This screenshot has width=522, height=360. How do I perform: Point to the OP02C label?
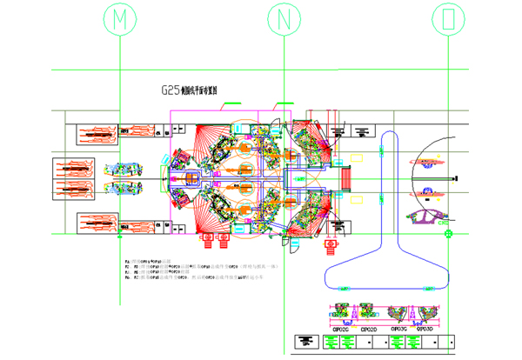point(340,330)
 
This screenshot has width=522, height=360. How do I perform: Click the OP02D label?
point(369,330)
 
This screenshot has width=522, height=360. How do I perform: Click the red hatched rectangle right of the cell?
point(350,177)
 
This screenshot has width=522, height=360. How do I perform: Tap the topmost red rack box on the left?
point(96,135)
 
